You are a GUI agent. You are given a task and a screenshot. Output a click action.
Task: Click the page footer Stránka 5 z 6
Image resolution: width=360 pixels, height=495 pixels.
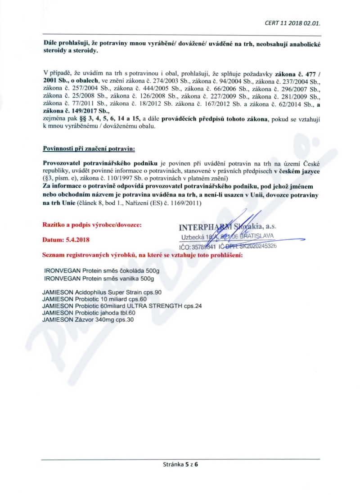(180, 465)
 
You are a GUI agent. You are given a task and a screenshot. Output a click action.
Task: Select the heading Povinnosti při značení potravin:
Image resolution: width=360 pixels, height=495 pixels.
(89, 148)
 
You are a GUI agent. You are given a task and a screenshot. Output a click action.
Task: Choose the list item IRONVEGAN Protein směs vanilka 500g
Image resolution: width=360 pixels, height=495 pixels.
(100, 279)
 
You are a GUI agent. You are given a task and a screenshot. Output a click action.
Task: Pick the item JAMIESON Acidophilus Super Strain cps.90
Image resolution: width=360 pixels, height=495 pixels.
(102, 292)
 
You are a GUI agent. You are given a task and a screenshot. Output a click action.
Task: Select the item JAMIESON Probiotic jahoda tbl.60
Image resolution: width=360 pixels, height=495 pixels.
(89, 313)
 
